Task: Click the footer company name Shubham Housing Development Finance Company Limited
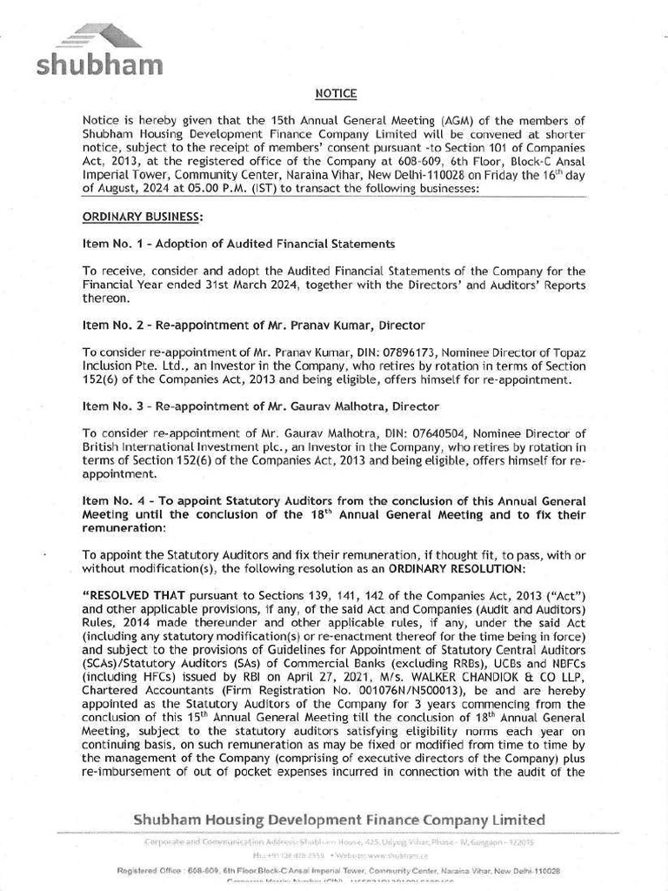(x=339, y=820)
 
